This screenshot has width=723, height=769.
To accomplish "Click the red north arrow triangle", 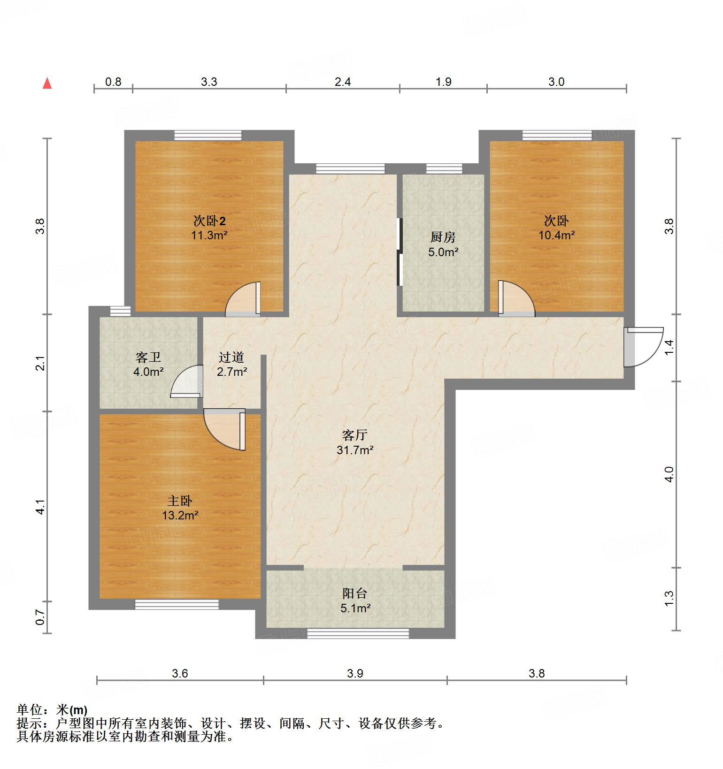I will tap(47, 84).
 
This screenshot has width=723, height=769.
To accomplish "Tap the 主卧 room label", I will tap(180, 502).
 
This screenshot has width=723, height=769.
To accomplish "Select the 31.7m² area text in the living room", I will tap(355, 450).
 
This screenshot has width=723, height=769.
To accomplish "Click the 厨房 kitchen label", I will tap(443, 237).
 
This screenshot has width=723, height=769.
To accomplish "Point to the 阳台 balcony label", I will tap(354, 594).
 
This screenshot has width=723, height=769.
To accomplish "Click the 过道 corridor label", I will tap(231, 358).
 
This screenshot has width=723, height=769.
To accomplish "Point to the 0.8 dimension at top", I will tap(113, 82).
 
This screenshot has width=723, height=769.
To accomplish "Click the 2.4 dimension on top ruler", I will tap(343, 82).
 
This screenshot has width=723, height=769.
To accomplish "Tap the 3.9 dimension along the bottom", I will tap(355, 674).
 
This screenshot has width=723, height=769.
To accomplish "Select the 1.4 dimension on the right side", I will tap(669, 347).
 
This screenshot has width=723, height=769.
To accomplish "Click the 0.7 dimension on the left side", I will tap(40, 617).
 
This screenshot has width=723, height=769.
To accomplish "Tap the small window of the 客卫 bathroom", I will tap(120, 311).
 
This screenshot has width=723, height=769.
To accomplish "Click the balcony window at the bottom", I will tap(358, 633).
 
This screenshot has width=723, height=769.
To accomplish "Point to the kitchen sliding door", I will tap(399, 252).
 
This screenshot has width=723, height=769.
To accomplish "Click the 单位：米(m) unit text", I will tap(52, 710).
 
